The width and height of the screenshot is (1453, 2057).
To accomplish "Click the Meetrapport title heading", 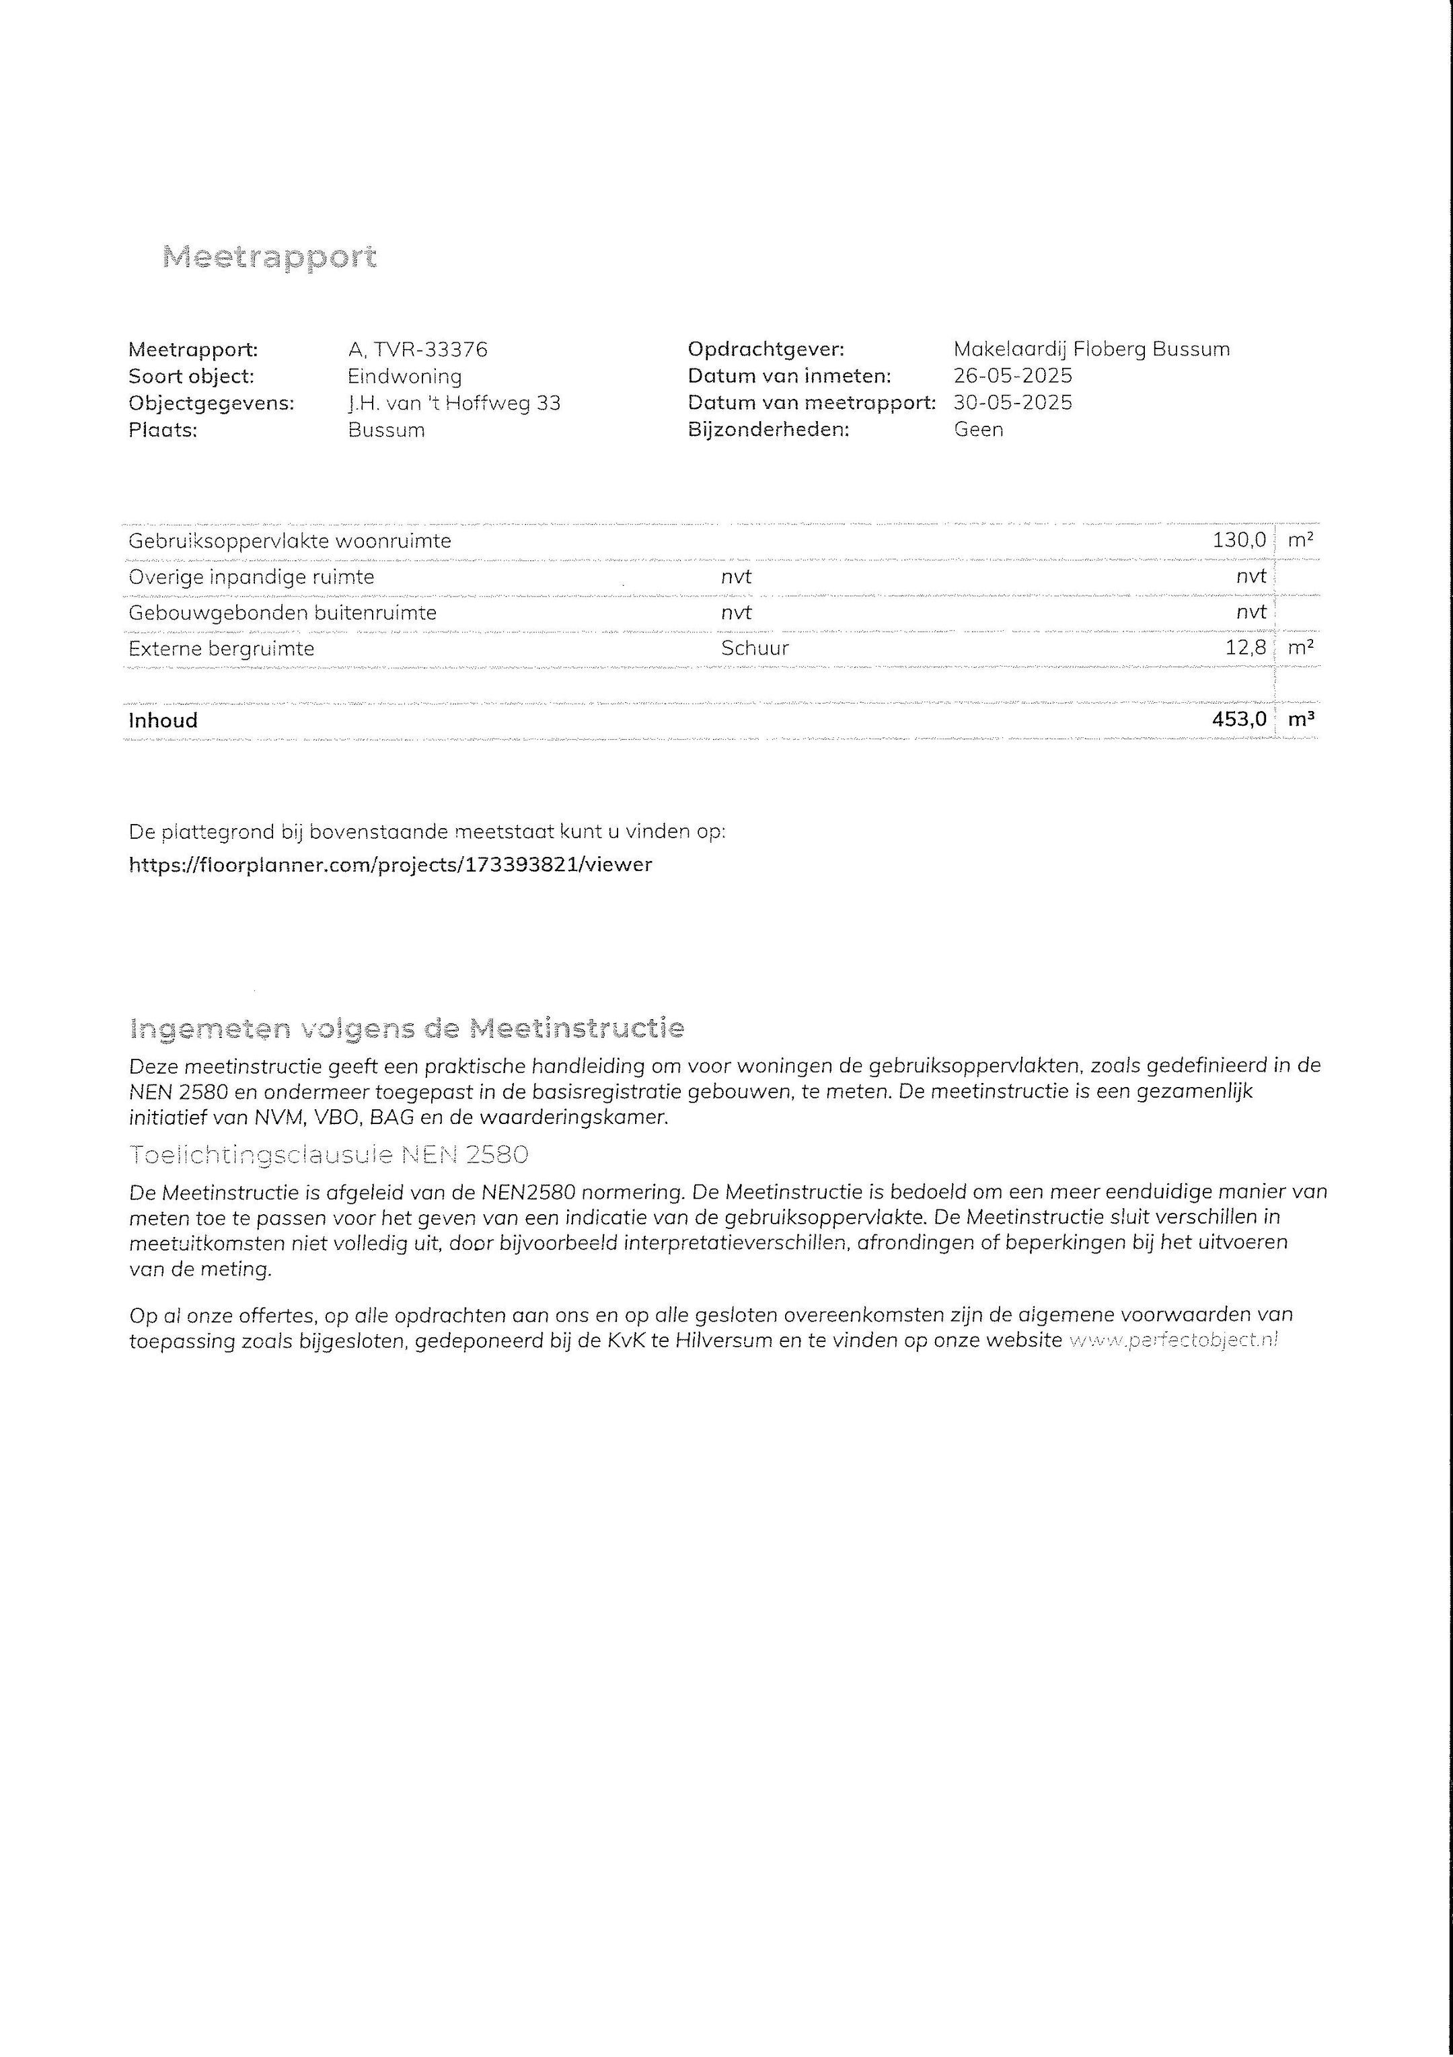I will [x=270, y=257].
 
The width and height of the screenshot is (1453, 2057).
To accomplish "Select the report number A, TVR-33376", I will [x=418, y=349].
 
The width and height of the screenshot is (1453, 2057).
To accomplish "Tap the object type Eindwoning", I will [x=404, y=376].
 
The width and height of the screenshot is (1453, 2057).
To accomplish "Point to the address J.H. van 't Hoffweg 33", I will [x=454, y=403].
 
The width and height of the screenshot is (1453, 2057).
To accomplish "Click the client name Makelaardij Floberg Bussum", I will [x=1091, y=349].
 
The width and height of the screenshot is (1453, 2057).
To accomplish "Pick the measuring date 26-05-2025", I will [x=1012, y=376].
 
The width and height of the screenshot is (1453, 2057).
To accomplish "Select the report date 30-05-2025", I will [x=1012, y=403].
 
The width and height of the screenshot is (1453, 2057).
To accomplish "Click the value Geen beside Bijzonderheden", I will [x=978, y=429].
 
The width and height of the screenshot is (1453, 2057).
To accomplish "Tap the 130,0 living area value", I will [x=1239, y=540].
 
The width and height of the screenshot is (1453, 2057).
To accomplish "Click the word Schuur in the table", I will [x=754, y=648].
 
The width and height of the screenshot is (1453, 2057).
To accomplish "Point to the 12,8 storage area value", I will [x=1245, y=648].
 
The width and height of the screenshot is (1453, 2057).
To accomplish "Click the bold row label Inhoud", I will [x=163, y=720].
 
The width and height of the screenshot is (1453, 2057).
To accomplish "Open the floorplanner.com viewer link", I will [x=391, y=864].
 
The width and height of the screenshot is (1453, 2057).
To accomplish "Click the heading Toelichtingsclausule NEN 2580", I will [x=329, y=1155].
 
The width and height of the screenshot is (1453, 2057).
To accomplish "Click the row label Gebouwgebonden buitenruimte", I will [x=282, y=613].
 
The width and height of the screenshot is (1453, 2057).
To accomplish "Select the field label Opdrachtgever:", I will [x=766, y=349].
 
